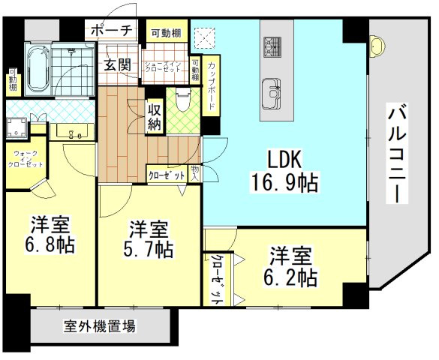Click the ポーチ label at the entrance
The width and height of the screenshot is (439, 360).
coord(111,31)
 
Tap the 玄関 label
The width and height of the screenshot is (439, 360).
coord(117,65)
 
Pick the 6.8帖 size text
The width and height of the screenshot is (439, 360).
coord(52,244)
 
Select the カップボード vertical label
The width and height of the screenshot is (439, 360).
coord(212,87)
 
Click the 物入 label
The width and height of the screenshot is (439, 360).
coord(194,175)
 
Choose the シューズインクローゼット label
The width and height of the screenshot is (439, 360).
coord(164,66)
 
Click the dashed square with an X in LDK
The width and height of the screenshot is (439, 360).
coord(203,36)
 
